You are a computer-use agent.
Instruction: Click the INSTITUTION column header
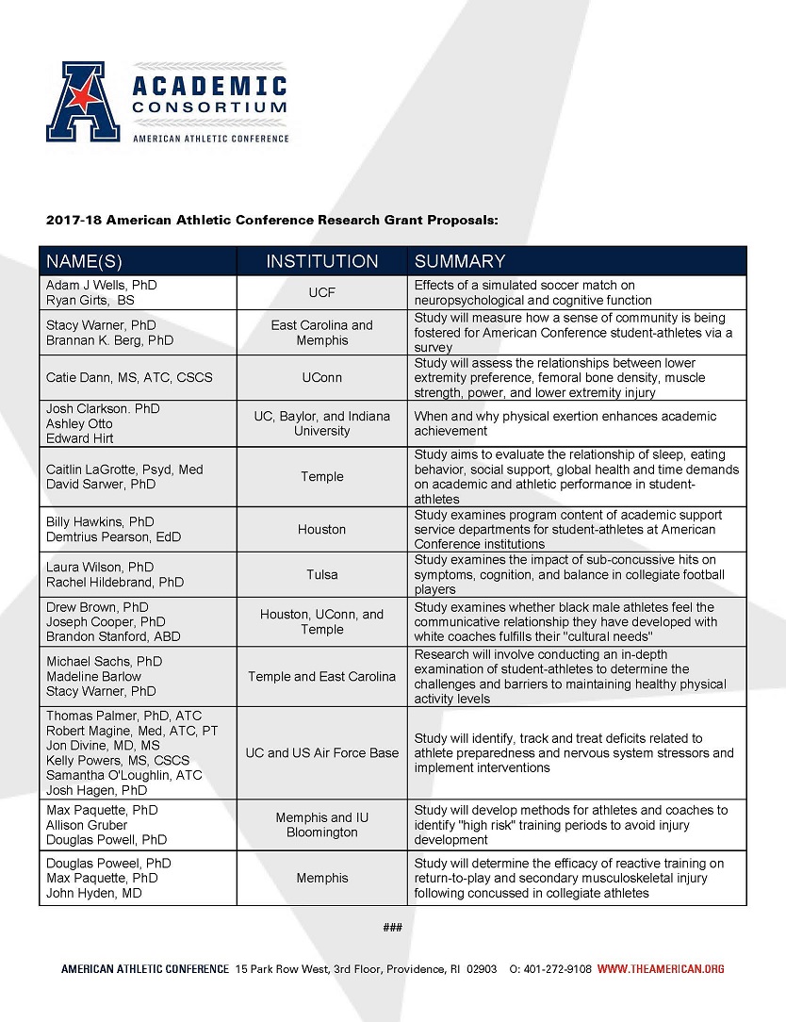click(x=322, y=261)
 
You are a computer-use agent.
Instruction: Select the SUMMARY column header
click(x=460, y=261)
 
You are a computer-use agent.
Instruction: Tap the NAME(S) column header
click(x=85, y=261)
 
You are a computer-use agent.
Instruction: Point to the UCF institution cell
click(x=322, y=292)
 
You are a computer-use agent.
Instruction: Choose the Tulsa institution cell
click(x=322, y=574)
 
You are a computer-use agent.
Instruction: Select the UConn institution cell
click(x=322, y=377)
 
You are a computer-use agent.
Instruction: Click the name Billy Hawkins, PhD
click(x=100, y=521)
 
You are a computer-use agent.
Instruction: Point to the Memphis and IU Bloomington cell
click(x=322, y=825)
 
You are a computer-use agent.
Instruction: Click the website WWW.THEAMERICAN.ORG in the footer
click(x=661, y=968)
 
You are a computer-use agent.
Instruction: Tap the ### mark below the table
click(x=393, y=928)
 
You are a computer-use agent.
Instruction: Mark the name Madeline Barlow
click(x=93, y=676)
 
